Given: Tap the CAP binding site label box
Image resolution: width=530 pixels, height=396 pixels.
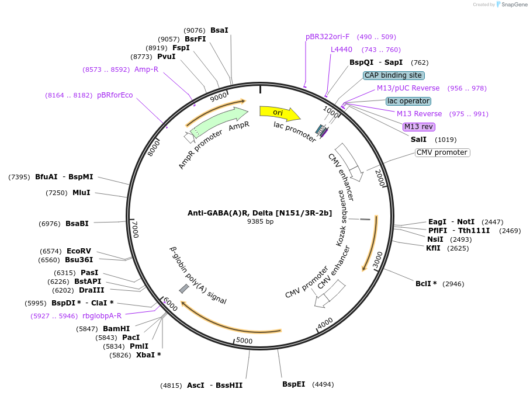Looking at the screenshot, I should click(393, 75).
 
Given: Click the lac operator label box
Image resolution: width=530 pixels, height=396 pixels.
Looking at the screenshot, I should click(408, 101).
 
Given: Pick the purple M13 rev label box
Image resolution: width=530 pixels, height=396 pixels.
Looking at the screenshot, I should click(419, 127).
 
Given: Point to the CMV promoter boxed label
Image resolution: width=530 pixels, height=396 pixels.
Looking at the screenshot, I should click(442, 152).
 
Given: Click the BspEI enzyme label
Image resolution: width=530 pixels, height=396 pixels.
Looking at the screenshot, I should click(293, 384).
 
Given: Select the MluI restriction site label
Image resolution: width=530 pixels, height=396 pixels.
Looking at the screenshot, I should click(81, 193).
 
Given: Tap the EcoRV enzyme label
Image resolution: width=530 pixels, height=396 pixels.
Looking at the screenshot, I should click(79, 251).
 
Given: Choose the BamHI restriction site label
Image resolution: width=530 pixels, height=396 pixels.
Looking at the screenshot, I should click(116, 329).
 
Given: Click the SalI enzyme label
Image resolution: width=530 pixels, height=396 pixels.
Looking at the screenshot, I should click(419, 140).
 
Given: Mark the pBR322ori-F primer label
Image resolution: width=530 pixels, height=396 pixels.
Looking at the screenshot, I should click(327, 37).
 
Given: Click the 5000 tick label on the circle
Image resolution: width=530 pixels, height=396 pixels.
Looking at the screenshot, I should click(244, 341).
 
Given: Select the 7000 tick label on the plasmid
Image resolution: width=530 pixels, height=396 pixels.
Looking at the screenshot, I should click(135, 229).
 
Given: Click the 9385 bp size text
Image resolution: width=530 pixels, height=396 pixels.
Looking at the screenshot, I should click(260, 222).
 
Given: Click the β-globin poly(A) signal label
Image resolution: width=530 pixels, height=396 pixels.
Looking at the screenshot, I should click(198, 275).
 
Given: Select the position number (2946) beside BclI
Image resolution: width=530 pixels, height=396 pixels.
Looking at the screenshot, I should click(453, 284).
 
